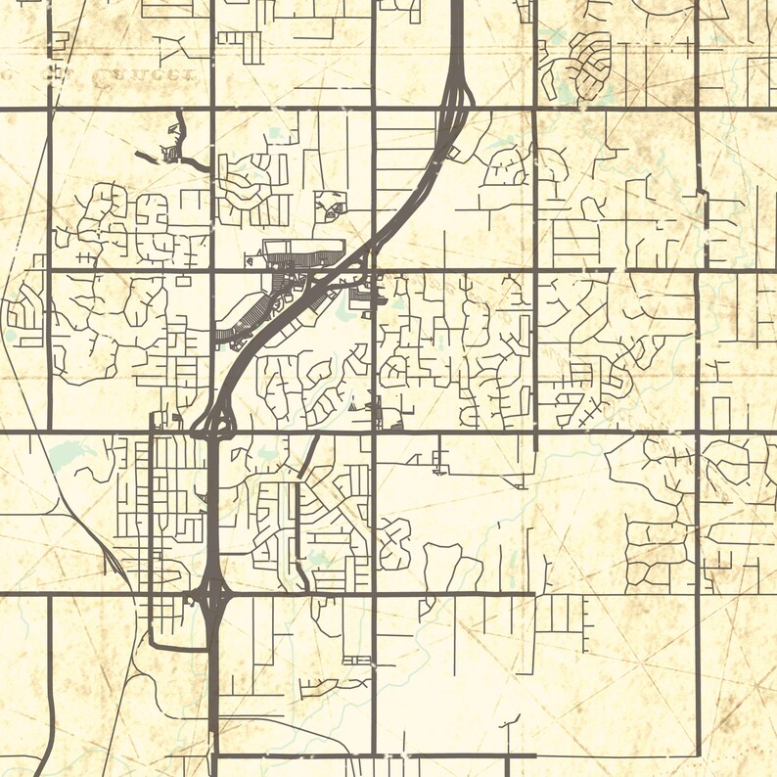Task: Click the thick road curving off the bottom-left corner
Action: (44, 744)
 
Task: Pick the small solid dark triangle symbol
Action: (353, 402)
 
